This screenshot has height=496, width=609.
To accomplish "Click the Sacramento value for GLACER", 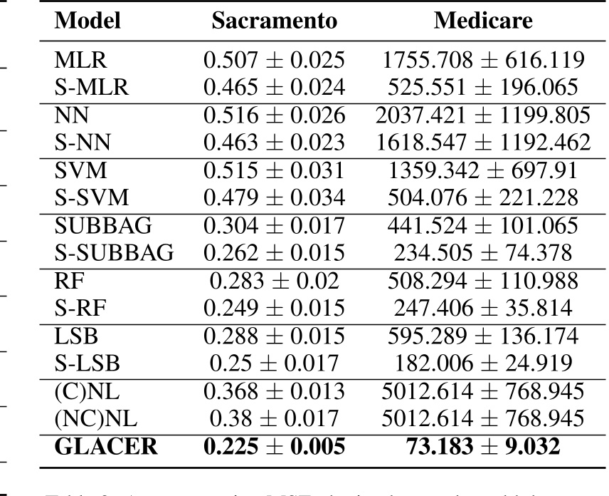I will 274,448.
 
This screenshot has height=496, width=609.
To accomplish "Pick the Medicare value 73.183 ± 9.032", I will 483,448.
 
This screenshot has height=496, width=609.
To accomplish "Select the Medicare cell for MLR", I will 483,62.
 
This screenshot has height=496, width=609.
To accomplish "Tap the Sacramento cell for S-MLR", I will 274,87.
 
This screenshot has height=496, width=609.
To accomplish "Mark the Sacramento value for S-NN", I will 274,141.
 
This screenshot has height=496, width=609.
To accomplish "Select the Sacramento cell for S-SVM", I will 274,197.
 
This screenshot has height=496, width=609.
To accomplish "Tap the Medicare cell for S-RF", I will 483,308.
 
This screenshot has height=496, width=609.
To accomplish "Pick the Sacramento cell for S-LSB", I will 274,363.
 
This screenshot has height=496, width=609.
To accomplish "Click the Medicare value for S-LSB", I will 483,363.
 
